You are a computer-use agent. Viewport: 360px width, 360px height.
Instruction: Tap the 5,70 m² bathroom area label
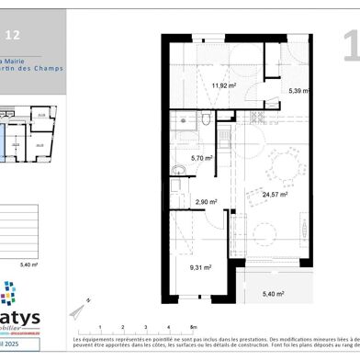pyautogui.click(x=201, y=158)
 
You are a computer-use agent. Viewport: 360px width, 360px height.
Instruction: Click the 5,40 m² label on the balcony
pyautogui.click(x=274, y=294)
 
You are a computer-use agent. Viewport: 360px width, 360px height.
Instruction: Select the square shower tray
pyautogui.click(x=182, y=120)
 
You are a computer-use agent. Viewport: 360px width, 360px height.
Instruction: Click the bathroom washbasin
pyautogui.click(x=178, y=167)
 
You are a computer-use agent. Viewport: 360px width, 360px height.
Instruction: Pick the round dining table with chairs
pyautogui.click(x=283, y=166)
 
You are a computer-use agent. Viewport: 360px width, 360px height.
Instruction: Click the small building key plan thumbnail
pyautogui.click(x=28, y=133)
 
